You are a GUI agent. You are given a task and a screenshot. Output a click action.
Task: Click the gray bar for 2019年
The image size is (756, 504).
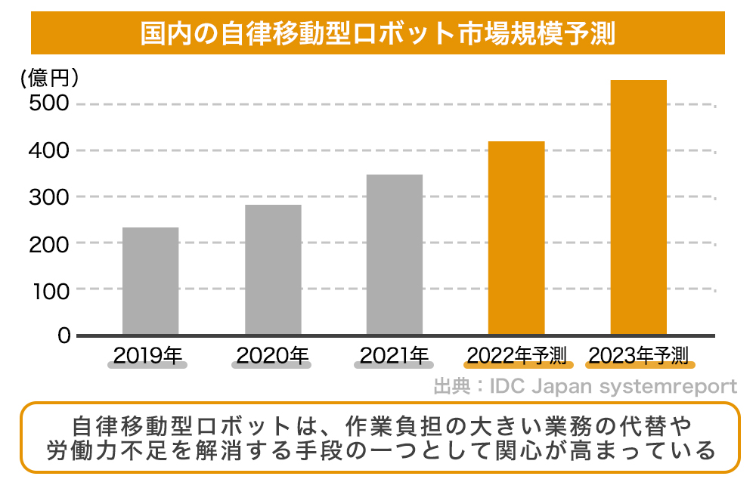150,280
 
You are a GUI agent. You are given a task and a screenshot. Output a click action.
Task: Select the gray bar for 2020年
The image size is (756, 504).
273,269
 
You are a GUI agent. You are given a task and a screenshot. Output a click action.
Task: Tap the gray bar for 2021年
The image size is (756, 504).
395,254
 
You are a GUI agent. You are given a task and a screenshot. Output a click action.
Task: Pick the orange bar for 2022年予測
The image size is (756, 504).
516,237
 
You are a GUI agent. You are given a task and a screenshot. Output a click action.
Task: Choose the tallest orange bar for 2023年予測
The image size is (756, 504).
638,207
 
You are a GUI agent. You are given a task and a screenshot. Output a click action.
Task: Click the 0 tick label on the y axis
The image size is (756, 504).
64,335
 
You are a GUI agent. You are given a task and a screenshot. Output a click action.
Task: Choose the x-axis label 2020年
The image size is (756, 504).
271,354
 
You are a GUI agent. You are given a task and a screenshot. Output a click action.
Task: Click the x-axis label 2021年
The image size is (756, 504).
394,354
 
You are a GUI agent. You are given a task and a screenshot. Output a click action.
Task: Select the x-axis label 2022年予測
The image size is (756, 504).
517,354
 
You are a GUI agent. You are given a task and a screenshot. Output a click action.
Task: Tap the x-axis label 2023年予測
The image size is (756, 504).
639,354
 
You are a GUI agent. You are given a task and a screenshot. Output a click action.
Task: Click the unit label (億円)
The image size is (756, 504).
50,78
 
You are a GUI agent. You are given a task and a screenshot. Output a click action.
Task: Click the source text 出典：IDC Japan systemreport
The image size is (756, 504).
584,387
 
